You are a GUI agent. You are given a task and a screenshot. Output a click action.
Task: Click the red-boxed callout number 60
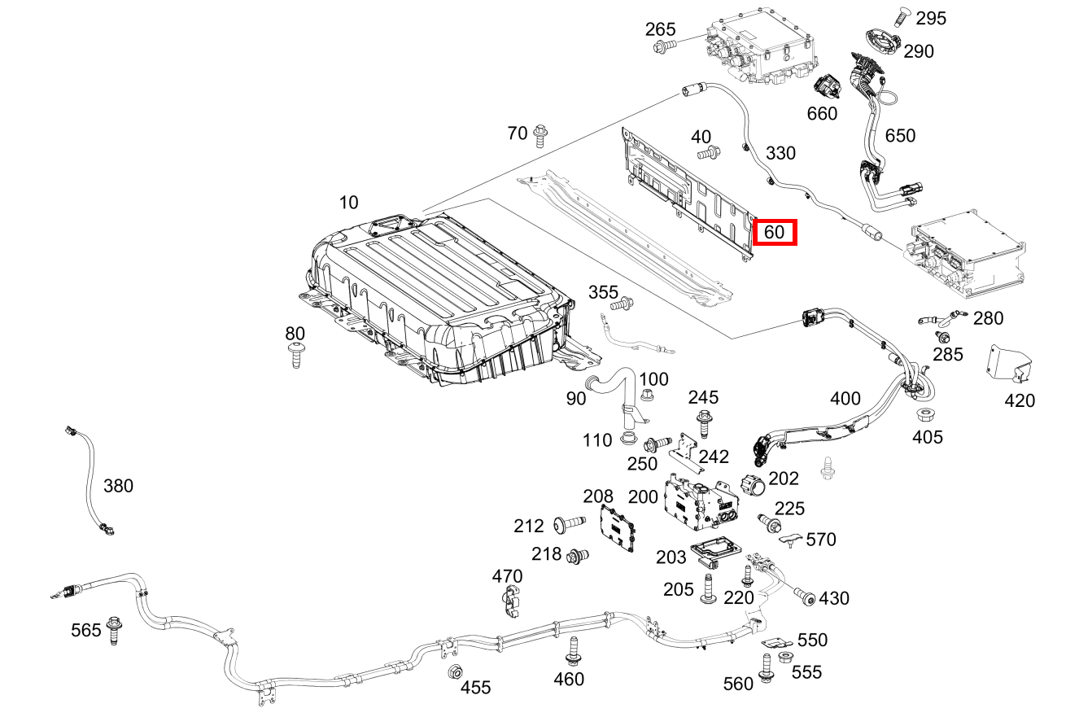pyautogui.click(x=774, y=232)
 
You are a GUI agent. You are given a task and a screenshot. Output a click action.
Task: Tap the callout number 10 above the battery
pyautogui.click(x=348, y=203)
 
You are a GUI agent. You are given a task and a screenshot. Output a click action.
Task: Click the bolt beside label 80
pyautogui.click(x=295, y=355)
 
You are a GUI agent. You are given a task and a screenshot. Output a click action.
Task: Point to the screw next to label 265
pyautogui.click(x=664, y=46)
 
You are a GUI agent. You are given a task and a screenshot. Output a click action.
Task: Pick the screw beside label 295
pyautogui.click(x=902, y=17)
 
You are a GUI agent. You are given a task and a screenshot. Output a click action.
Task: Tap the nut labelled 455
pyautogui.click(x=455, y=671)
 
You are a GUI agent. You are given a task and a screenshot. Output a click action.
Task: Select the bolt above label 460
pyautogui.click(x=573, y=651)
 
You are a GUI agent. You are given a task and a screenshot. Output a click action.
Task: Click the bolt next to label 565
pyautogui.click(x=114, y=630)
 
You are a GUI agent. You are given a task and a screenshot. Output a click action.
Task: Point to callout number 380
pyautogui.click(x=118, y=486)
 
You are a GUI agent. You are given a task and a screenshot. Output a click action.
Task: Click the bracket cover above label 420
pyautogui.click(x=1009, y=364)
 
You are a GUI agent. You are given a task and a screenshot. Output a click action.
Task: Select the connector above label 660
pyautogui.click(x=828, y=87)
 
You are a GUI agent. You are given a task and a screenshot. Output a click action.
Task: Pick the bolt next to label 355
pyautogui.click(x=622, y=304)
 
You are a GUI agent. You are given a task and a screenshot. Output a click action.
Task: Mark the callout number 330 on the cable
pyautogui.click(x=780, y=153)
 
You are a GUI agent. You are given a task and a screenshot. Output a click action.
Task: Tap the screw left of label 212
pyautogui.click(x=570, y=524)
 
